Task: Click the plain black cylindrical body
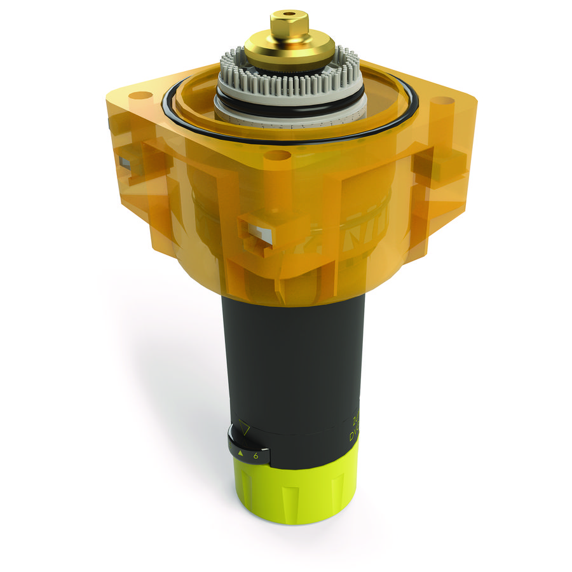(292, 356)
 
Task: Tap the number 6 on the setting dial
(255, 456)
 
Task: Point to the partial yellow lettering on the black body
(353, 429)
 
